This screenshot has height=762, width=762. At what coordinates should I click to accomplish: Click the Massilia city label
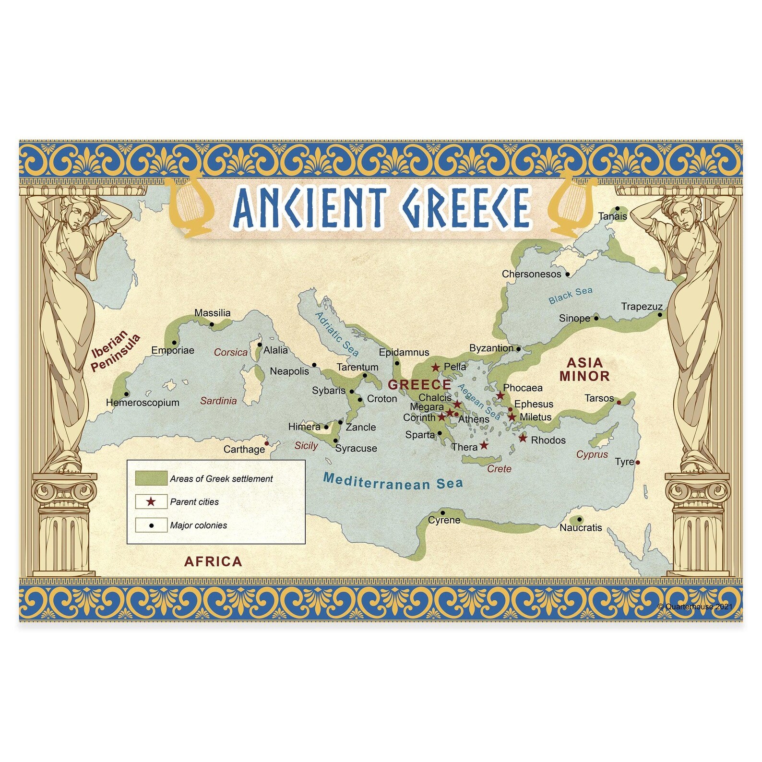click(x=212, y=313)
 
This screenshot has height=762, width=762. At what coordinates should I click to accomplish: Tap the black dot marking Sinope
click(x=596, y=318)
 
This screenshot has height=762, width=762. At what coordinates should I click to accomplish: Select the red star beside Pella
click(x=435, y=368)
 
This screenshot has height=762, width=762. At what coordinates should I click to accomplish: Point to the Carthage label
click(x=244, y=449)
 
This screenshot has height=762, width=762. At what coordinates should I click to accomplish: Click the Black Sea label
click(x=570, y=295)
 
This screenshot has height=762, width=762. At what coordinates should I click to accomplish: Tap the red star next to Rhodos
click(x=523, y=438)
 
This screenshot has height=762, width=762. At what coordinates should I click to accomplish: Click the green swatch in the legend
click(x=151, y=478)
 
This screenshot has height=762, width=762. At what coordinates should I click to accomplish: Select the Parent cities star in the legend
click(x=151, y=501)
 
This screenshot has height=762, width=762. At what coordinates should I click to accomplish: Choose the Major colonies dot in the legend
click(x=152, y=525)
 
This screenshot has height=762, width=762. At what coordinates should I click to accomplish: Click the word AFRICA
click(x=213, y=561)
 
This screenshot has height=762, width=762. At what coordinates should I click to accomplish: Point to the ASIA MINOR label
click(x=584, y=369)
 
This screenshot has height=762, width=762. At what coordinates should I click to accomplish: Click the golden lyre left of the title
click(x=190, y=208)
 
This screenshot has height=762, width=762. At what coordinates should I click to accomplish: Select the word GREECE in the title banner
click(x=465, y=207)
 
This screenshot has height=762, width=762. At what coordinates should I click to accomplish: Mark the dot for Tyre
click(x=637, y=463)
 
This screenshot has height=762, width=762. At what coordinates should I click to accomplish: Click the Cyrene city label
click(x=444, y=520)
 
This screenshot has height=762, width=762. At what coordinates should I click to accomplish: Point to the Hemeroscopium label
click(x=143, y=403)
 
